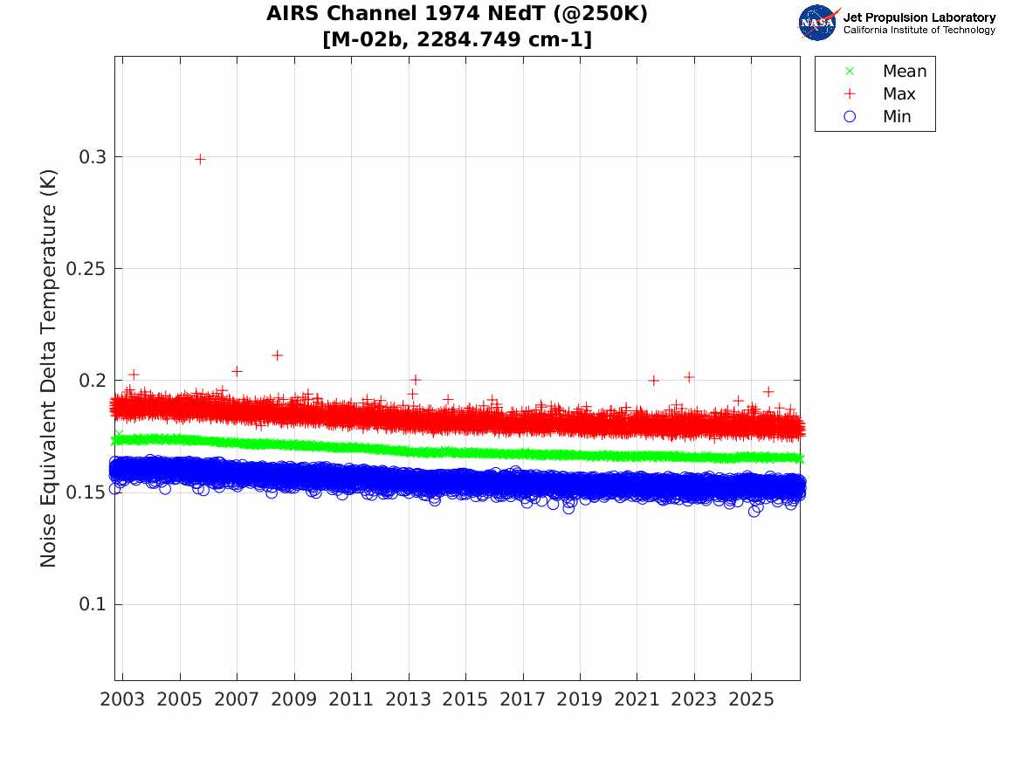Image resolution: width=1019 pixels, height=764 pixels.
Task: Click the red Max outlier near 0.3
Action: [200, 159]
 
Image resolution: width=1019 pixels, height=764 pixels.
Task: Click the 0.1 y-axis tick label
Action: [92, 604]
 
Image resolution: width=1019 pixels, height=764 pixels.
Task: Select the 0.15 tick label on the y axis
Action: [86, 492]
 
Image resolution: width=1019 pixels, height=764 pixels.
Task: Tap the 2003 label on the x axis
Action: [122, 699]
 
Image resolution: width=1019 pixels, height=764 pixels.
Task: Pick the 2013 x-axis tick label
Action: [408, 699]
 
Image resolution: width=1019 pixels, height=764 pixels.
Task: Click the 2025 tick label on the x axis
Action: [751, 699]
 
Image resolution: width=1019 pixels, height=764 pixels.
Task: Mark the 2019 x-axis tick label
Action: [580, 699]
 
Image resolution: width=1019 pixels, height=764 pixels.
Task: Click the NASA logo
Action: [818, 23]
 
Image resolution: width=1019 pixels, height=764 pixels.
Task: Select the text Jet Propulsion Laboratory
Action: [919, 17]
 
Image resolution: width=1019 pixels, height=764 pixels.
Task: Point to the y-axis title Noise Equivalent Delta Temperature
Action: [49, 368]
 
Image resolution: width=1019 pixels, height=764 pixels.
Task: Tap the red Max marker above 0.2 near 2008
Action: [277, 355]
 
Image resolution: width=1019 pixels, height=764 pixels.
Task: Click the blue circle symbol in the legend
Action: [850, 116]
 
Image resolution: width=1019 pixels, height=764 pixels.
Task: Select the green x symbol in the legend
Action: [850, 71]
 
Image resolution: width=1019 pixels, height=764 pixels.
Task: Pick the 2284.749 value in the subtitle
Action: [469, 39]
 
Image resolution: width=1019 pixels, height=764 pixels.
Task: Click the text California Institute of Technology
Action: [919, 30]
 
